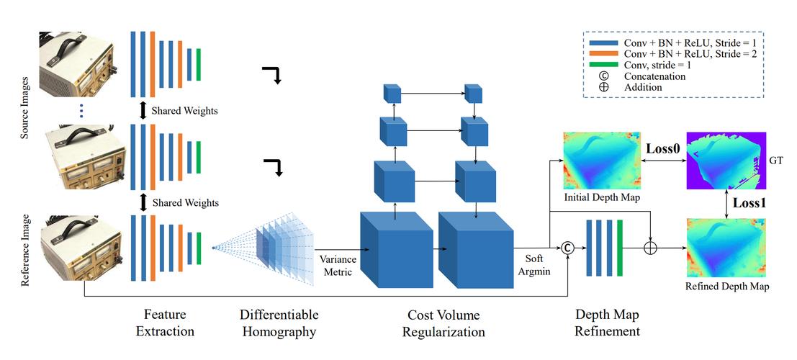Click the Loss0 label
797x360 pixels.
(x=662, y=149)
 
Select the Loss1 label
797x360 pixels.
(x=749, y=202)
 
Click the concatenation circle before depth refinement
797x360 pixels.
(x=568, y=248)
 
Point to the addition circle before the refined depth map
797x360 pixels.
(x=651, y=248)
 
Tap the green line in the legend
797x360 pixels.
(x=603, y=65)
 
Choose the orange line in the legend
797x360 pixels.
(x=603, y=54)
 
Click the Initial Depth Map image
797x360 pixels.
(x=601, y=161)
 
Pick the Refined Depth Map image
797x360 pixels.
(x=726, y=248)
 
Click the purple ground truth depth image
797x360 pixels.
(x=726, y=161)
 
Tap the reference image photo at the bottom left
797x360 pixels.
(x=82, y=246)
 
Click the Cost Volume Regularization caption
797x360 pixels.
(x=443, y=323)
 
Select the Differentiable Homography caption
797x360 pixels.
(x=279, y=323)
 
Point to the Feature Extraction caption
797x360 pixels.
(x=165, y=323)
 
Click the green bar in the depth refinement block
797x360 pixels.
(x=620, y=248)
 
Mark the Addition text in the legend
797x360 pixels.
(x=643, y=87)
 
